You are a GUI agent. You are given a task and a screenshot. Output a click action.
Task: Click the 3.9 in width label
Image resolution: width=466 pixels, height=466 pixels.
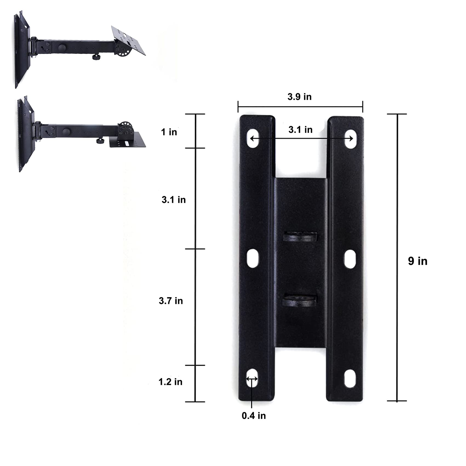coord(299,97)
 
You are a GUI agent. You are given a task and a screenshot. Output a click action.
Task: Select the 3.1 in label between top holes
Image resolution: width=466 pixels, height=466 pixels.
coord(300,130)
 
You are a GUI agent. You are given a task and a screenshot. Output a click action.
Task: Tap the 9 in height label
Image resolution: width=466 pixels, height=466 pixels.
coord(418,261)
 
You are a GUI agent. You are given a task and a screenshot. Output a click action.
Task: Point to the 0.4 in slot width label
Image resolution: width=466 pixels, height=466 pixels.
coord(254,416)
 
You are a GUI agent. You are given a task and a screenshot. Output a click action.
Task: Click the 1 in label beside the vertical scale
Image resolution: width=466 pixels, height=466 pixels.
coord(169,132)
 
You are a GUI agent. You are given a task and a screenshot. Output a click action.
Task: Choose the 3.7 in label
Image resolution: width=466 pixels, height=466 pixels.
coord(171,301)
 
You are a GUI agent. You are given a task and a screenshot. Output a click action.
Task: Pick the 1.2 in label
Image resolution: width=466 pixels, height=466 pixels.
coord(170,382)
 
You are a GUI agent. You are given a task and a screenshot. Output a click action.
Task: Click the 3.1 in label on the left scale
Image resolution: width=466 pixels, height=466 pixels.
coord(173,200)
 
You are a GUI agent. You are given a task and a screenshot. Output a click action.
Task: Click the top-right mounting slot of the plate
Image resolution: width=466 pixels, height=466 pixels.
coord(350,139)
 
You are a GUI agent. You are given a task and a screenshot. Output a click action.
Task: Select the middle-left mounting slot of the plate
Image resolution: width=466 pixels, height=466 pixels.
coord(253,258)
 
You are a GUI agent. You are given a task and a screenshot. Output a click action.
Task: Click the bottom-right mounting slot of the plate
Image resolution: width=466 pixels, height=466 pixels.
coord(350,378)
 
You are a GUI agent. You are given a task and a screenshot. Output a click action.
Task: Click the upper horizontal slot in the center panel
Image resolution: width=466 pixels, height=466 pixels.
coord(300,236)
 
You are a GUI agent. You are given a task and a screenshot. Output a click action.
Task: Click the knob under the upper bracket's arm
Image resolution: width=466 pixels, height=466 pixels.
coord(96,57)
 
